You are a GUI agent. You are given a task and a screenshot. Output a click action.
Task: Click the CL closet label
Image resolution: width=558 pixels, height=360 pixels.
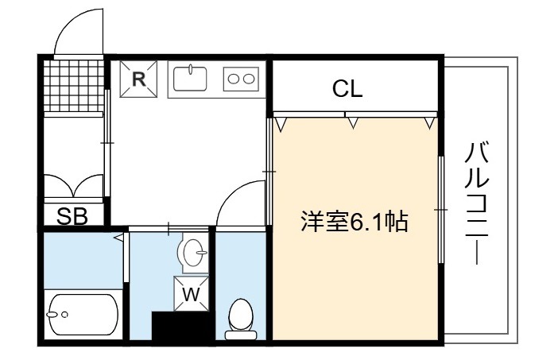[x=347, y=88]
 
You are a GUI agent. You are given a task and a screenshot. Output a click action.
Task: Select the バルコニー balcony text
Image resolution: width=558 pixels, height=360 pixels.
[x=476, y=203]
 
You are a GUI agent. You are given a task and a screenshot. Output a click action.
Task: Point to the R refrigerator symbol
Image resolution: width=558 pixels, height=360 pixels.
[x=138, y=79]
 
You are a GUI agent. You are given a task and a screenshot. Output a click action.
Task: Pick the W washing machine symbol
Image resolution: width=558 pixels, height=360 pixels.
[x=191, y=294]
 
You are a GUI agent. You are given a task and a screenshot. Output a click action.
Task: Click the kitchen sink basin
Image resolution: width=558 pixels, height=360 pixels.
[x=190, y=78]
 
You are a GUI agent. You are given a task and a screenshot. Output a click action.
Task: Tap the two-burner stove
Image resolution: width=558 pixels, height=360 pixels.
[x=241, y=79]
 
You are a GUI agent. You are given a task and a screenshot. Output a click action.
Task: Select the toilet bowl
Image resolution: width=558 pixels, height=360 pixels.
[x=241, y=315]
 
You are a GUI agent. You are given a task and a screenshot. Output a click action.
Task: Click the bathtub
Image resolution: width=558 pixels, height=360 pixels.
[x=83, y=314]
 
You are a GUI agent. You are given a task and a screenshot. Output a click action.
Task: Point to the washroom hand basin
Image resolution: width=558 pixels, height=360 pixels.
[x=194, y=252]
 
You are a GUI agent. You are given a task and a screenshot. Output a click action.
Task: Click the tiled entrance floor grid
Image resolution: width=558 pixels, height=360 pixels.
[x=73, y=85]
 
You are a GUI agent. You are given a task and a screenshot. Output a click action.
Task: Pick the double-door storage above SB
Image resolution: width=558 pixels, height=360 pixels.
[x=73, y=185]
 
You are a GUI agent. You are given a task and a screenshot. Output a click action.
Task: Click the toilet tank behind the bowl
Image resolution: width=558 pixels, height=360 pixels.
[x=241, y=335]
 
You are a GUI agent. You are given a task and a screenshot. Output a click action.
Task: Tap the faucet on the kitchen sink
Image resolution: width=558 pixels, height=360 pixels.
[x=191, y=69]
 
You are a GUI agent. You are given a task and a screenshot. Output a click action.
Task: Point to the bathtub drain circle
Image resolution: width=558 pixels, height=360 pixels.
[x=64, y=315]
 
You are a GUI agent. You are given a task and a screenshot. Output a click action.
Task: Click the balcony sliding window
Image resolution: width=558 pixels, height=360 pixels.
[x=441, y=210]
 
